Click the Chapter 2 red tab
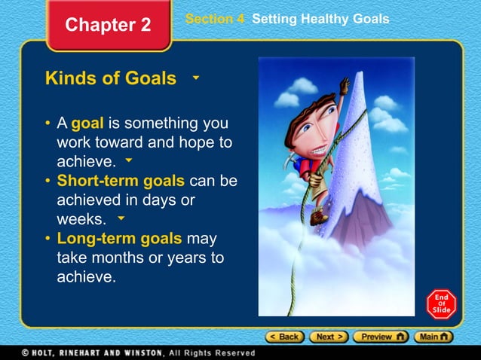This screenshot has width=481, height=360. point(108,25)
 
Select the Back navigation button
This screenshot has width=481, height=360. point(283,337)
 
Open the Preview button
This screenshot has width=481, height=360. point(381,337)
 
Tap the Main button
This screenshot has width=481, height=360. point(435,337)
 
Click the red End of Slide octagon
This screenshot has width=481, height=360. point(440,304)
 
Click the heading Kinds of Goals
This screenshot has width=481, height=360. point(111,78)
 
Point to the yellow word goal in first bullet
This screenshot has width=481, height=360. point(87,123)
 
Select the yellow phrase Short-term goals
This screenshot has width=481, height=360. point(121,182)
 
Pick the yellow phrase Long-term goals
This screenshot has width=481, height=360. point(119,239)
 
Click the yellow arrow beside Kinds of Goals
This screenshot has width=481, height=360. point(195,78)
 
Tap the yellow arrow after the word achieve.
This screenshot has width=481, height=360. point(129,160)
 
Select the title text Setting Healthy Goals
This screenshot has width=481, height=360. point(320,19)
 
